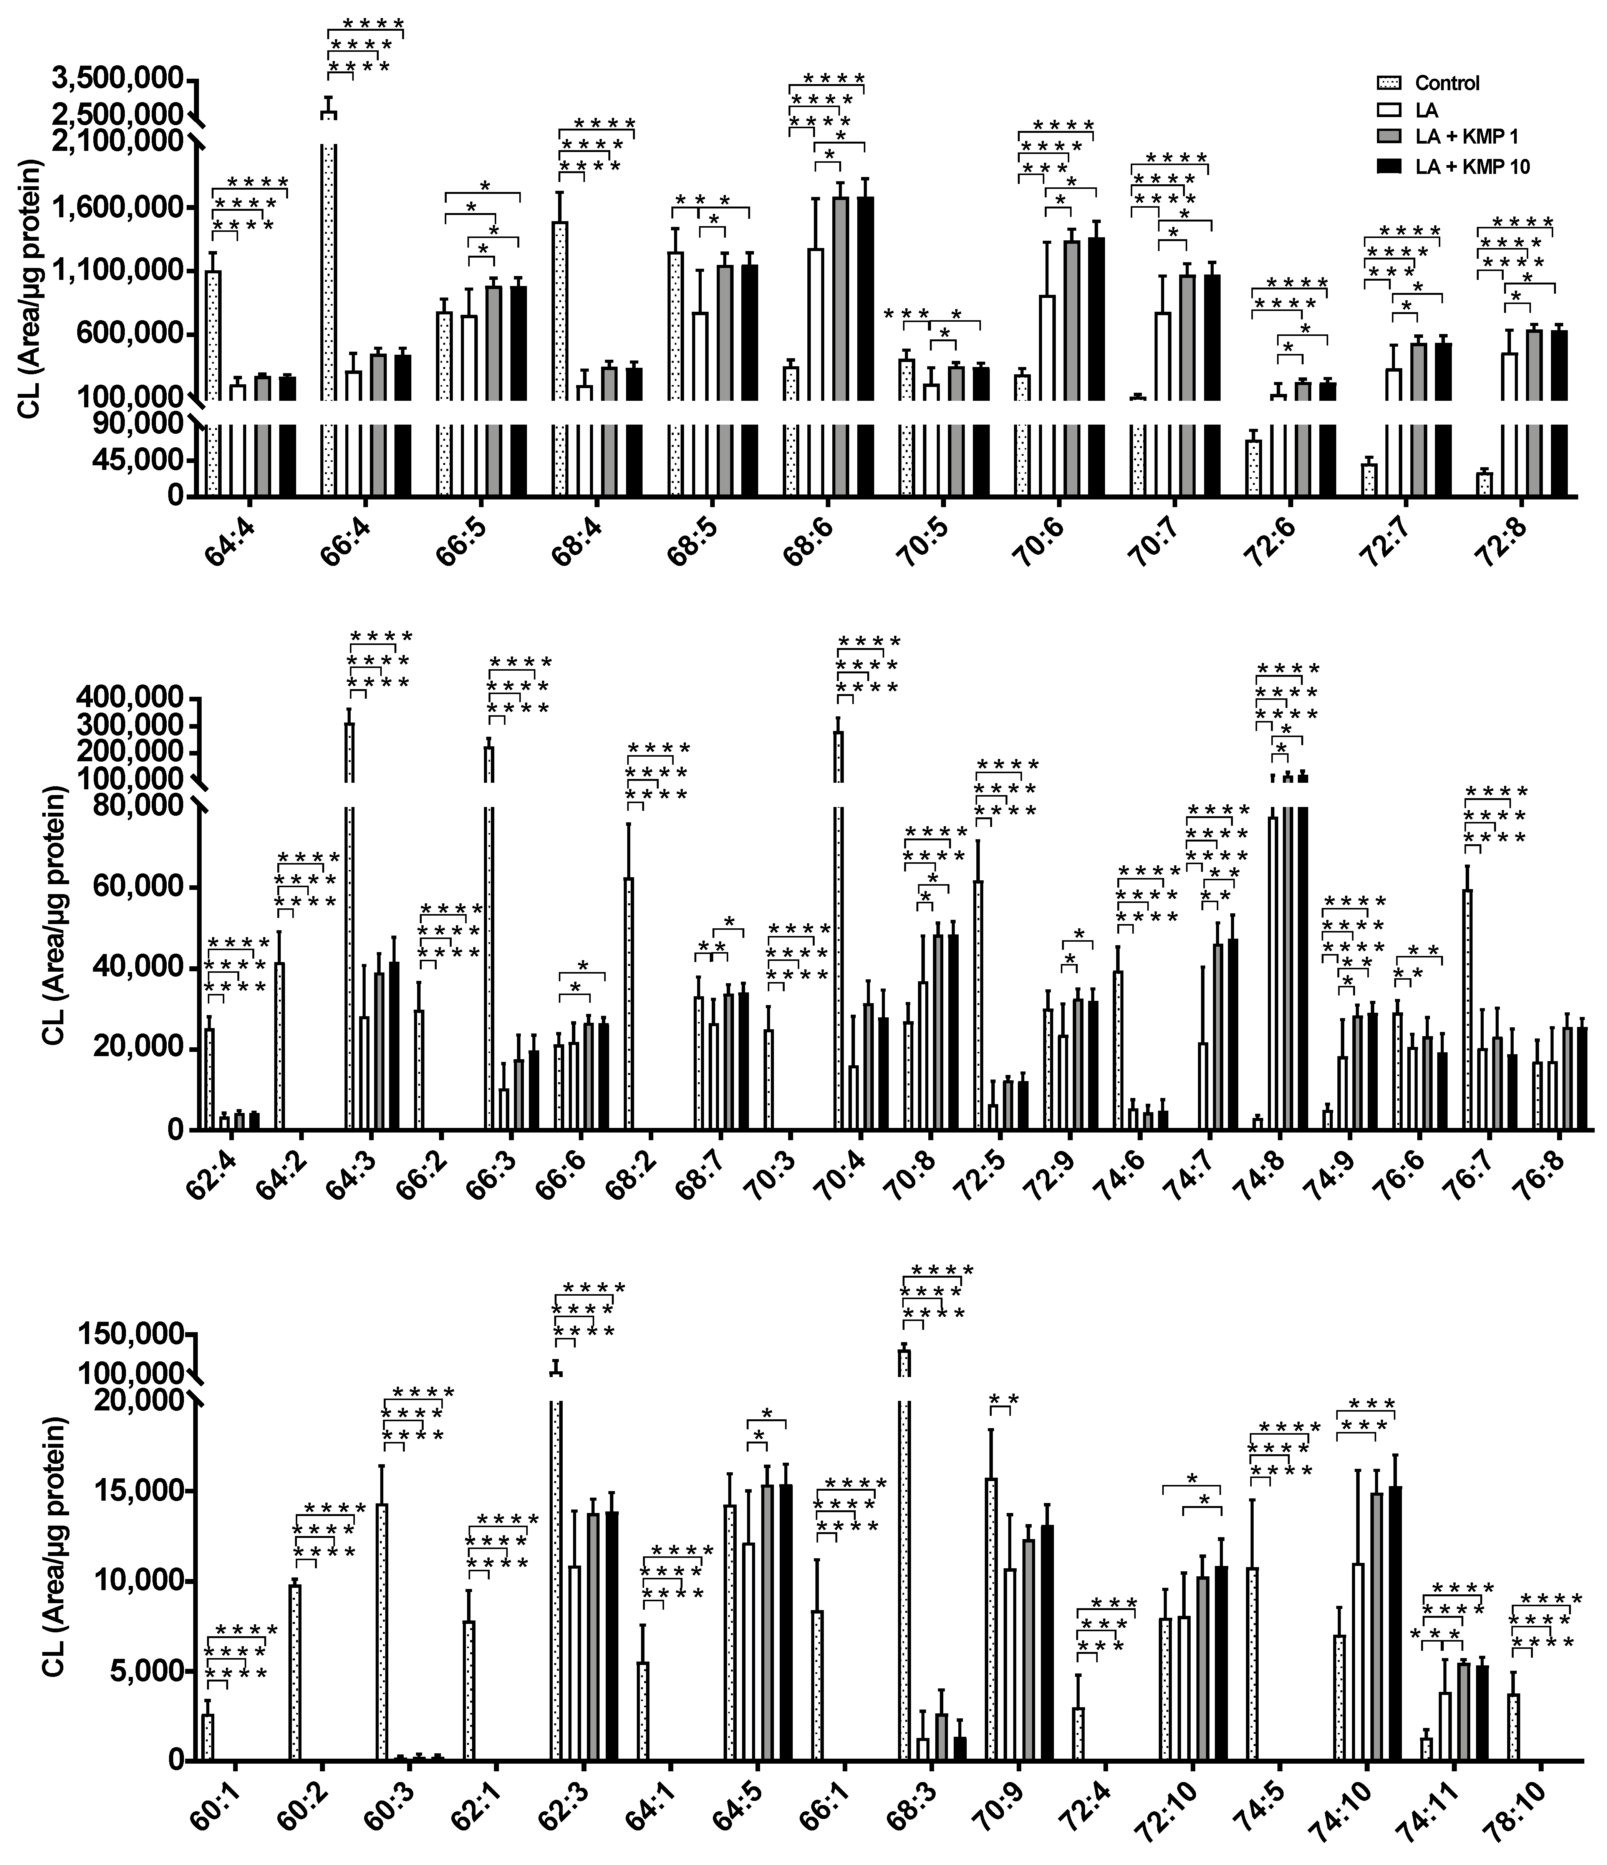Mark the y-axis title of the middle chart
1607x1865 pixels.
(x=56, y=914)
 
